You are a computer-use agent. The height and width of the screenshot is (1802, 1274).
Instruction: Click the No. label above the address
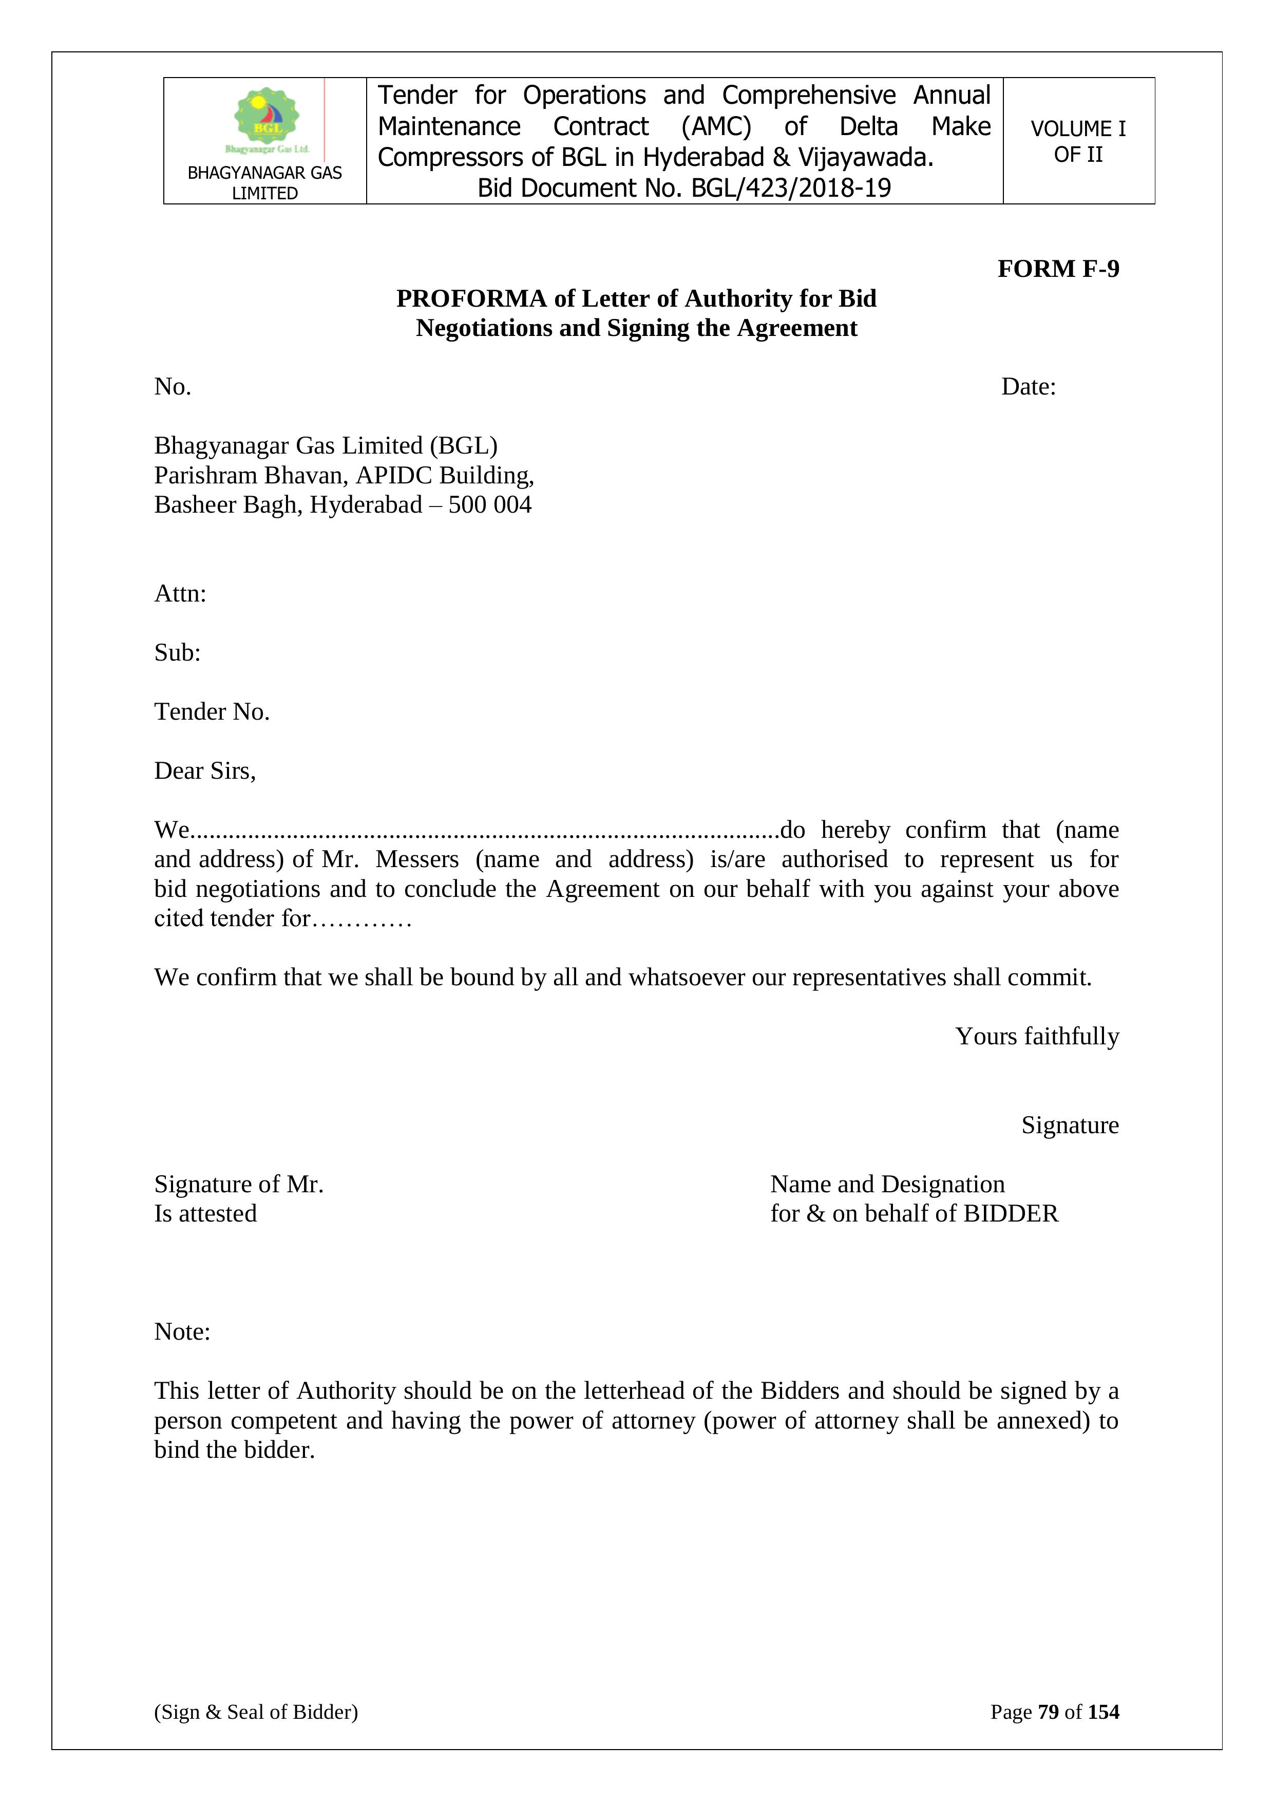point(173,387)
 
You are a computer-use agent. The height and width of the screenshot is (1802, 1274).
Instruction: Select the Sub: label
point(177,652)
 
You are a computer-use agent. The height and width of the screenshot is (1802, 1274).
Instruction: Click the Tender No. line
point(212,712)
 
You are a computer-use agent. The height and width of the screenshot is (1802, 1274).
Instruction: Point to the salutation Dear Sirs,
point(205,771)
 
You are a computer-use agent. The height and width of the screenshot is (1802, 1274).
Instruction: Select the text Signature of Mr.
point(238,1185)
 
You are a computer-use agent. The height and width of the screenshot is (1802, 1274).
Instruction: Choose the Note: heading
point(182,1332)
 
